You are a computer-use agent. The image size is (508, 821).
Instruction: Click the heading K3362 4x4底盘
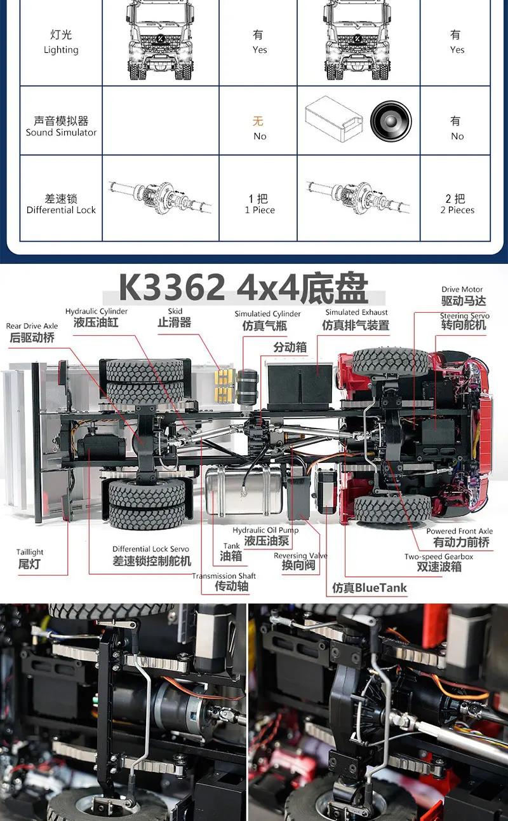[243, 288]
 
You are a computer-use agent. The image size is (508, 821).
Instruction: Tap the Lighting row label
[61, 42]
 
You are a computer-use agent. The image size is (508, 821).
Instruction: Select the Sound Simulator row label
[61, 127]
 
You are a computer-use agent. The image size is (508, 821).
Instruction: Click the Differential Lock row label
[61, 204]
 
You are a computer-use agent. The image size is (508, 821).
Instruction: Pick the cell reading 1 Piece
[259, 204]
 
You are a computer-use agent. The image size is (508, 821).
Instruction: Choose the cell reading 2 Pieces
[457, 204]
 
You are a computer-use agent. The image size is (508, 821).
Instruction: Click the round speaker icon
[391, 120]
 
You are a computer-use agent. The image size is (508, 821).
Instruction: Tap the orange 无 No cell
[259, 127]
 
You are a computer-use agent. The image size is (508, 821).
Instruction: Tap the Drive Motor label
[462, 296]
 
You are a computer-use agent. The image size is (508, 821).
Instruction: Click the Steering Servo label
[464, 321]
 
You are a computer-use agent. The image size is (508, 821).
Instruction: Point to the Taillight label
[30, 558]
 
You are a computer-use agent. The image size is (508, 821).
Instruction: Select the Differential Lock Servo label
[151, 555]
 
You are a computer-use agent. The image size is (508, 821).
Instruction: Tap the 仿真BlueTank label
[370, 588]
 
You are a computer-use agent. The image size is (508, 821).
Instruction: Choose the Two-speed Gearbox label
[439, 562]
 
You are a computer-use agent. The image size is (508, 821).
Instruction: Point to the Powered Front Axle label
[460, 537]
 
